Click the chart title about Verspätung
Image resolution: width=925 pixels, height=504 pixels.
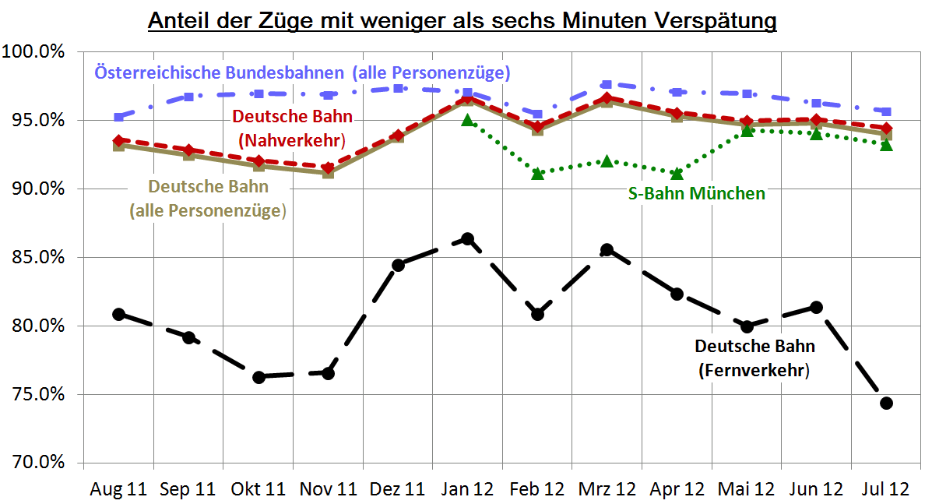[462, 19]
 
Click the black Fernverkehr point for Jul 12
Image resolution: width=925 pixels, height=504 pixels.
[886, 403]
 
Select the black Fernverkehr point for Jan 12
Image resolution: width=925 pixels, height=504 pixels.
[467, 238]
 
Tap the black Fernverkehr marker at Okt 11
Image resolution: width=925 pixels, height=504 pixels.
[259, 377]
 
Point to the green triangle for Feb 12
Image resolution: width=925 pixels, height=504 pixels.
[537, 173]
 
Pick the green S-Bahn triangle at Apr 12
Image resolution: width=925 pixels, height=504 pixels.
[677, 173]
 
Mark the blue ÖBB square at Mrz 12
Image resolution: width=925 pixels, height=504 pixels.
[607, 84]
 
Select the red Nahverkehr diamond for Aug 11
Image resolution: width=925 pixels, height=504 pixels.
[119, 141]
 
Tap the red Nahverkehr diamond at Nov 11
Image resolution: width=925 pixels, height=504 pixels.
[328, 167]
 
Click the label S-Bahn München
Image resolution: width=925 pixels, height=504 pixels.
[696, 194]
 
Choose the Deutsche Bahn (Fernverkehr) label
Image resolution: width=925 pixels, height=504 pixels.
[754, 358]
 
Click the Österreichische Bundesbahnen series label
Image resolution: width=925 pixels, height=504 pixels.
[302, 73]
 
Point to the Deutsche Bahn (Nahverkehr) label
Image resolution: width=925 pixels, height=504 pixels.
[292, 129]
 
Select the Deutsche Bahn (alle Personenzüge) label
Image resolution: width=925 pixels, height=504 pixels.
[208, 199]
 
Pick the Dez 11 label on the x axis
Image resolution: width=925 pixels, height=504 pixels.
[397, 489]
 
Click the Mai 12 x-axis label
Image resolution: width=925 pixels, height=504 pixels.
[746, 489]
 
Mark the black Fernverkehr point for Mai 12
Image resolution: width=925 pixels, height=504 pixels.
[747, 326]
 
